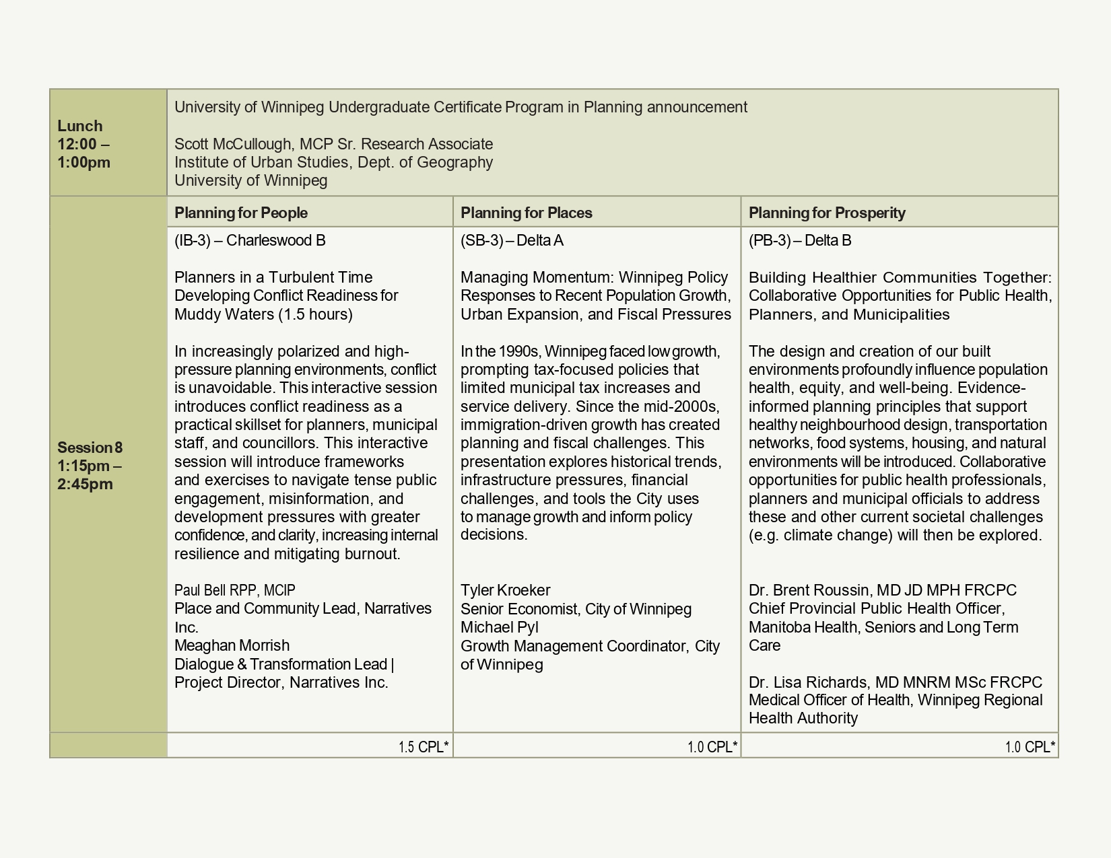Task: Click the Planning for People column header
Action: tap(241, 213)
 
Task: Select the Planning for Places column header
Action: tap(527, 213)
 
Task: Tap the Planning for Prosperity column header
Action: tap(827, 213)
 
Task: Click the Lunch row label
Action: tap(80, 127)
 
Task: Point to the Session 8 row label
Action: tap(90, 448)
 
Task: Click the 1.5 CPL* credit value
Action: tap(423, 747)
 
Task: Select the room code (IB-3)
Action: tap(193, 240)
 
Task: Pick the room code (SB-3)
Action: tap(481, 240)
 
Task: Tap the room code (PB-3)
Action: tap(770, 240)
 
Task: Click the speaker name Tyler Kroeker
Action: tap(505, 590)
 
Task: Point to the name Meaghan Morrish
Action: tap(232, 645)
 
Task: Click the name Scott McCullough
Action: tap(233, 144)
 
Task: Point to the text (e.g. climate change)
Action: tap(820, 535)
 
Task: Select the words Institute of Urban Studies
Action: tap(261, 162)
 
